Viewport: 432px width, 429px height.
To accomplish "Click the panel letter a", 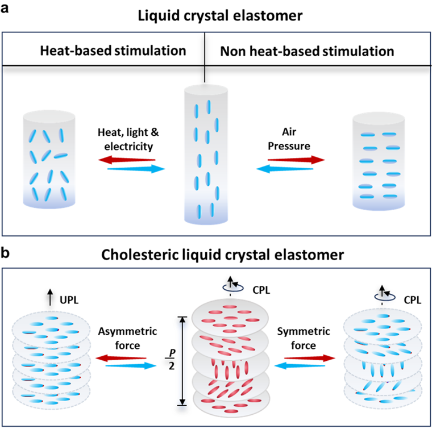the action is pos(5,9).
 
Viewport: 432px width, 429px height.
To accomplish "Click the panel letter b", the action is pos(5,252).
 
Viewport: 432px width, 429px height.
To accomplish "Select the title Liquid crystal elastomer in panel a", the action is pos(220,16).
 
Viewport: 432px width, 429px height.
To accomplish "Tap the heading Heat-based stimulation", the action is pos(113,51).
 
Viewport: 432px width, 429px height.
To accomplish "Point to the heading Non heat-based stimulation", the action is pos(307,51).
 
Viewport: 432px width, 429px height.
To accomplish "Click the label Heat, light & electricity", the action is pos(128,139).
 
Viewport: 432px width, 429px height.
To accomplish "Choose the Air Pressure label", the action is pos(289,139).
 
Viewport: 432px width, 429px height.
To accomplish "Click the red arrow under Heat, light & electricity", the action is pos(127,160).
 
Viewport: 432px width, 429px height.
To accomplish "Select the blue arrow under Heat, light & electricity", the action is pos(136,169).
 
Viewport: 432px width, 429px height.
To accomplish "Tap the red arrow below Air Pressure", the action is pos(296,160).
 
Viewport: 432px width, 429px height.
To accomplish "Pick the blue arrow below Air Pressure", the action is pos(285,169).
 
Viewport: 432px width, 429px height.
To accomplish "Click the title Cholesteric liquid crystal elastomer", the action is pos(223,255).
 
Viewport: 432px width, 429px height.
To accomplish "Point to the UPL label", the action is pos(69,300).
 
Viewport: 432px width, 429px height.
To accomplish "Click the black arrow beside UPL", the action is pos(50,297).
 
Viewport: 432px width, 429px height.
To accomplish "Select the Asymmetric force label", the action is pos(127,338).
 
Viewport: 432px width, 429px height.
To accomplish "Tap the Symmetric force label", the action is pos(304,338).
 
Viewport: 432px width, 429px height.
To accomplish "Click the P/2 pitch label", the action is pos(171,359).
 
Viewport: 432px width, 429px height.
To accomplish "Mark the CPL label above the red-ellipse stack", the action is pos(261,290).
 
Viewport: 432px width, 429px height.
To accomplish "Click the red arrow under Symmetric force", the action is pos(310,358).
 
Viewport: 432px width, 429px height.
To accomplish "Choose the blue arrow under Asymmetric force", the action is pos(131,366).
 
